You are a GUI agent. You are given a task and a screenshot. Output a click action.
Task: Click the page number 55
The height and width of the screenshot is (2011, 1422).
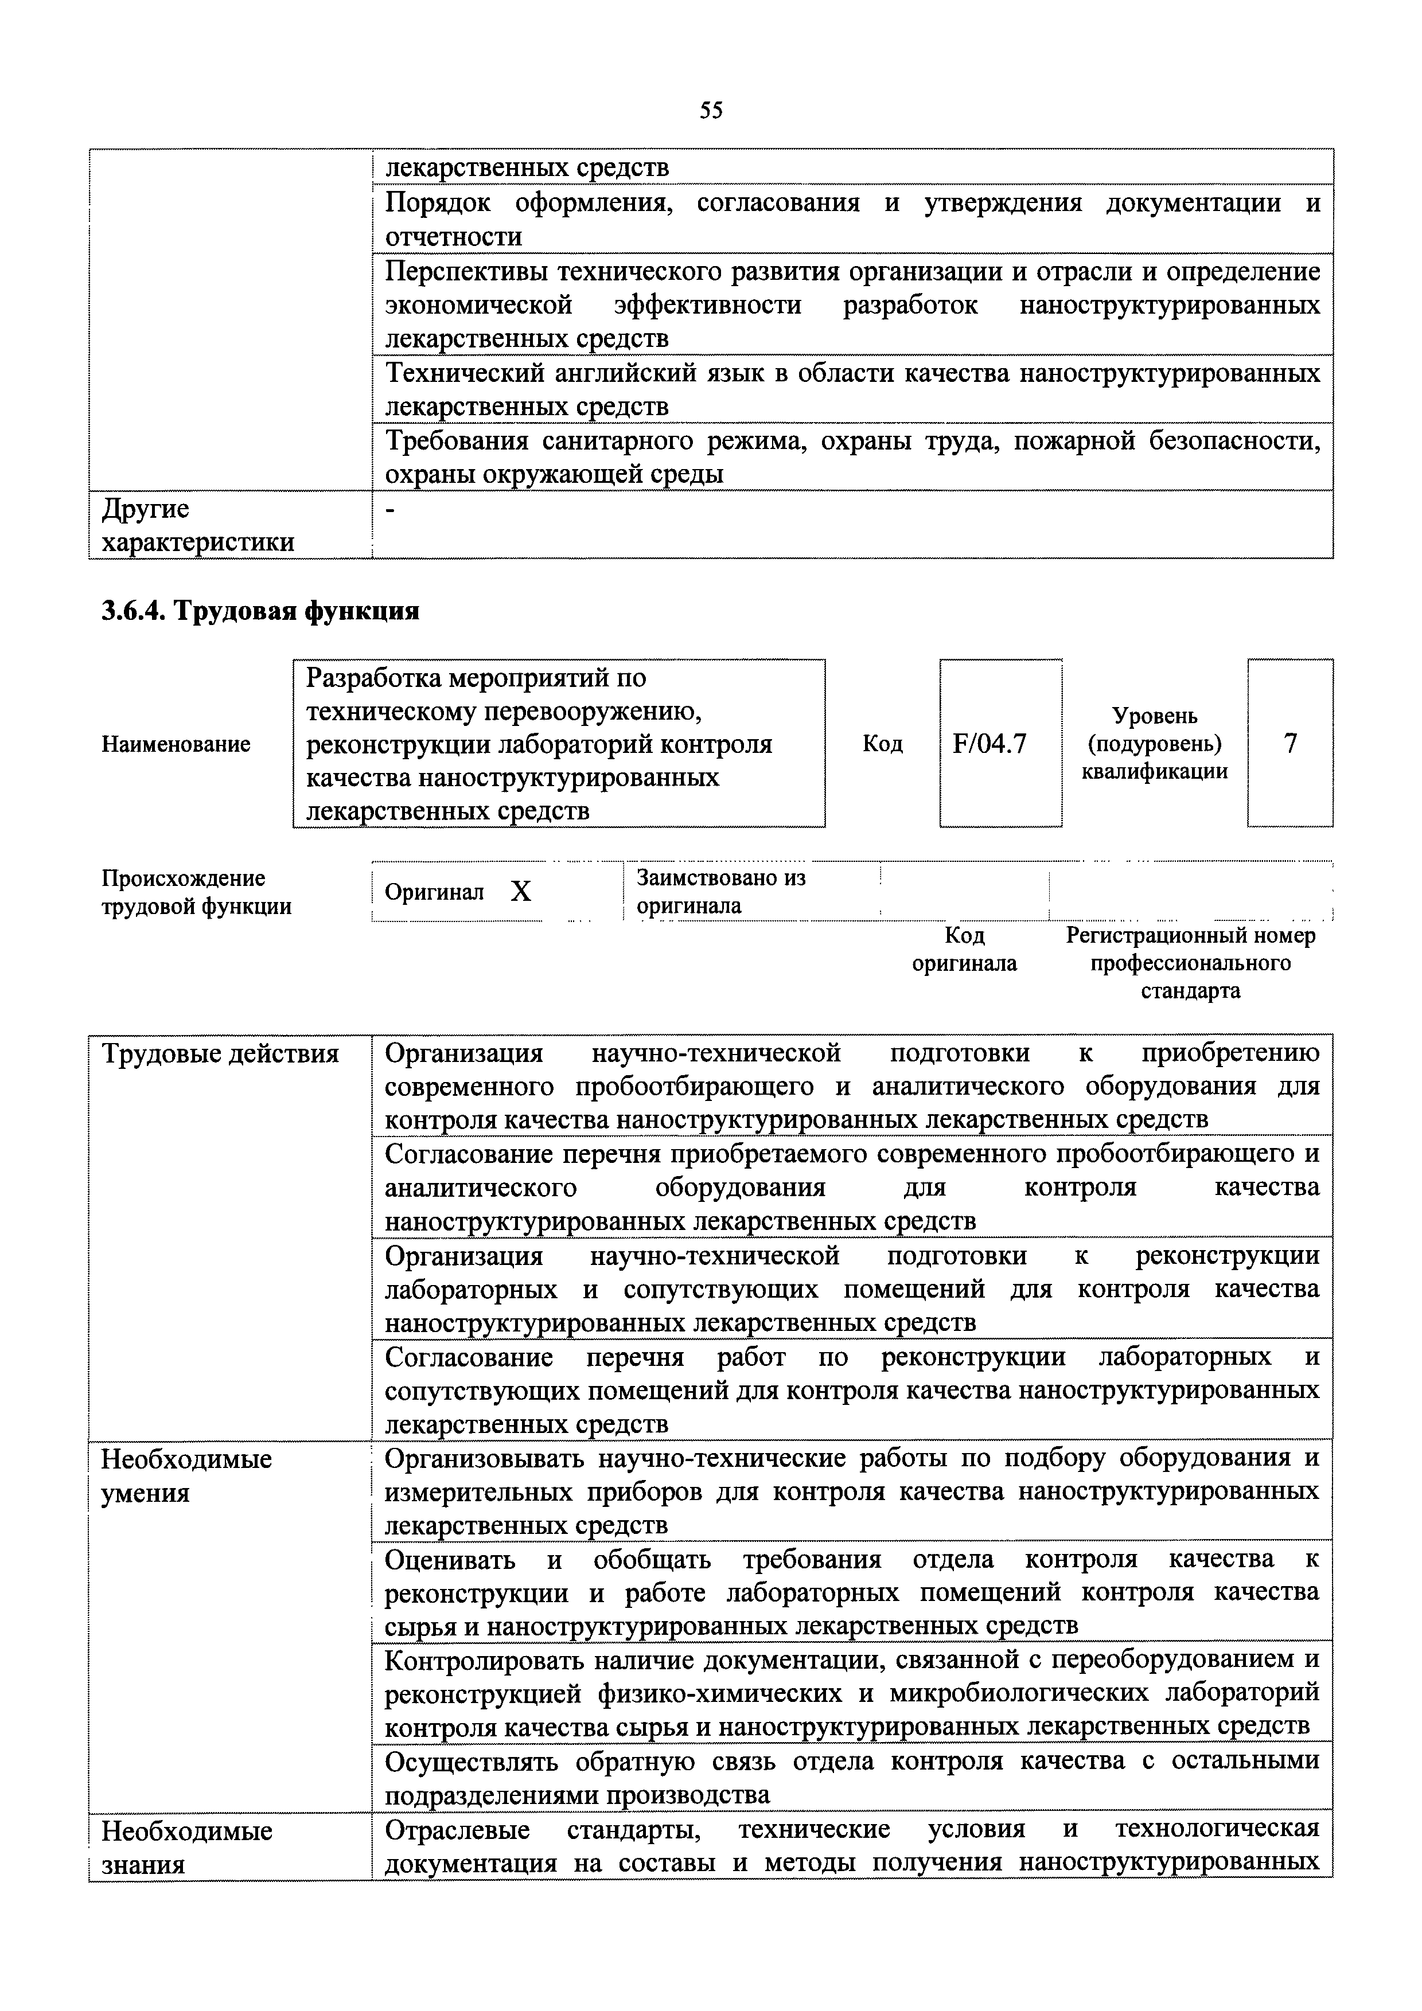point(711,110)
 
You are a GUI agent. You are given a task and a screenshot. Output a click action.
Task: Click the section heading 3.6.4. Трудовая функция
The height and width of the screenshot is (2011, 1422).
point(260,611)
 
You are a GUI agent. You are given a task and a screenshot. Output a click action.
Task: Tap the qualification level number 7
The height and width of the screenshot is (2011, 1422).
point(1289,744)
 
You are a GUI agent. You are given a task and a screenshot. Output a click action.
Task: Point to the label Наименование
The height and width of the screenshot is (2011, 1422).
point(176,744)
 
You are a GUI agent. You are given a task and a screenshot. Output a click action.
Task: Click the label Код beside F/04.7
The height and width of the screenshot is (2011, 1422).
point(882,744)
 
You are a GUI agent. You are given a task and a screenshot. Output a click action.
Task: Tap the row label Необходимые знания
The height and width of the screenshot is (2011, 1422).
point(186,1847)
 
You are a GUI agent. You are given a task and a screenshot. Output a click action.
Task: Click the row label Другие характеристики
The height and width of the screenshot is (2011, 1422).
point(198,525)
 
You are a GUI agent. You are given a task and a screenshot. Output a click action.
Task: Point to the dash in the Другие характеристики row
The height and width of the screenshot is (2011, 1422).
point(391,510)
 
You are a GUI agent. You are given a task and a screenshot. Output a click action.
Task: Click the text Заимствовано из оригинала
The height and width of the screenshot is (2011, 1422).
point(720,892)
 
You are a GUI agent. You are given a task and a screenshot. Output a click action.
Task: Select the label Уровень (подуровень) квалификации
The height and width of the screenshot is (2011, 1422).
point(1154,744)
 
